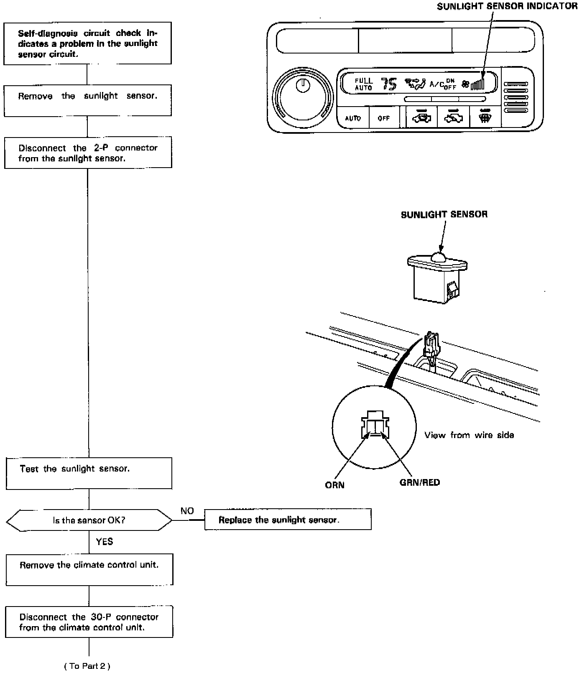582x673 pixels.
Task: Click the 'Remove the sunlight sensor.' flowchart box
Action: (x=88, y=100)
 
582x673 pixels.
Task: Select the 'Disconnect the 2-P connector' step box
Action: (x=88, y=153)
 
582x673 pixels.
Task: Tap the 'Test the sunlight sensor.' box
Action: (x=89, y=473)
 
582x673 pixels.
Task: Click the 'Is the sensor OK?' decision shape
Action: (x=89, y=520)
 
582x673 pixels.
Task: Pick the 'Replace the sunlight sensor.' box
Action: (x=288, y=520)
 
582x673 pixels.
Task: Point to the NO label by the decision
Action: (x=187, y=511)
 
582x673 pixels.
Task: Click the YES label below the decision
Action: (x=104, y=542)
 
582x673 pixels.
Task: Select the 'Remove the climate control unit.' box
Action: (x=89, y=569)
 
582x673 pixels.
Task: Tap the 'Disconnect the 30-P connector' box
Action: (x=89, y=622)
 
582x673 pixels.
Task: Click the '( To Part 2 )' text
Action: (x=87, y=666)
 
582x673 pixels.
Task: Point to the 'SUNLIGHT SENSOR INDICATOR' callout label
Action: (x=507, y=6)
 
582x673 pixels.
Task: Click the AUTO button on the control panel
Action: (x=353, y=118)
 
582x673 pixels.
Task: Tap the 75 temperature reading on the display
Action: (x=388, y=84)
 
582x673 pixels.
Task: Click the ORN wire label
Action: (x=334, y=485)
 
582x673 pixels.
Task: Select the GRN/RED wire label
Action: (x=419, y=483)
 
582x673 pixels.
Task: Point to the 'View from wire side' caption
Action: (x=469, y=435)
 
